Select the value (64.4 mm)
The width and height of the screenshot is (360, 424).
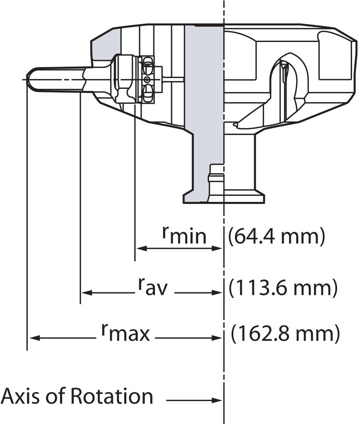pyautogui.click(x=276, y=237)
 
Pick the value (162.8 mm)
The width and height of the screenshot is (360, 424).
pyautogui.click(x=285, y=334)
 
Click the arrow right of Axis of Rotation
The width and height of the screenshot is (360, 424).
pyautogui.click(x=194, y=401)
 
